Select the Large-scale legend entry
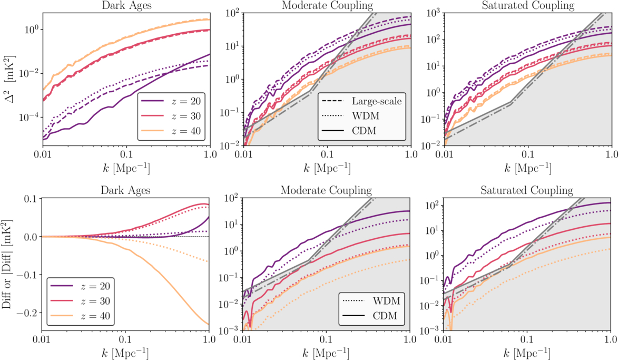[372, 101]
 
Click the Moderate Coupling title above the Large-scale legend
[327, 6]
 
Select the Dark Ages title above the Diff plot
[125, 190]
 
